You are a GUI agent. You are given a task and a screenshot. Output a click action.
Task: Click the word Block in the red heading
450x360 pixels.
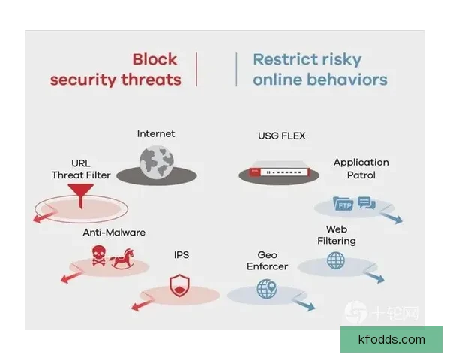pyautogui.click(x=154, y=59)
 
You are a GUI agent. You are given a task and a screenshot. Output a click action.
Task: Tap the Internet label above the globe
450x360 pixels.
pyautogui.click(x=156, y=133)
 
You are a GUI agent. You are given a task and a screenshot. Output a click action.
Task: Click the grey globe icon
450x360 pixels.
pyautogui.click(x=157, y=162)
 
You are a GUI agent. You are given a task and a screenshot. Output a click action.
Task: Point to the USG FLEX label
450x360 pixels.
pyautogui.click(x=282, y=136)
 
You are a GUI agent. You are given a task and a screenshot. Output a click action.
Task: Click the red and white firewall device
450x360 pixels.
pyautogui.click(x=279, y=172)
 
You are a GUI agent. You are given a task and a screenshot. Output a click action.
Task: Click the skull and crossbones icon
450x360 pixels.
pyautogui.click(x=99, y=255)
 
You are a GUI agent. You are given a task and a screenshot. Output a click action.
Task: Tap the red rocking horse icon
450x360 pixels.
pyautogui.click(x=122, y=259)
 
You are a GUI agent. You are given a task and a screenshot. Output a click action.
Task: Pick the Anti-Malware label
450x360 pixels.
pyautogui.click(x=114, y=232)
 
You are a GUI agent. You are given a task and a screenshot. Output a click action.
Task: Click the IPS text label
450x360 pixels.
pyautogui.click(x=181, y=255)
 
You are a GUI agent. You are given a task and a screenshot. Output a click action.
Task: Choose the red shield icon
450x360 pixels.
pyautogui.click(x=180, y=285)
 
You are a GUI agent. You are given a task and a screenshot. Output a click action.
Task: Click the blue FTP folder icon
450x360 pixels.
pyautogui.click(x=343, y=203)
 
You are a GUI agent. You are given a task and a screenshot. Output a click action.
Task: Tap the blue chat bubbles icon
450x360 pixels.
pyautogui.click(x=367, y=202)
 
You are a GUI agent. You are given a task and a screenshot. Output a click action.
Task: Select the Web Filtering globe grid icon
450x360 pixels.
pyautogui.click(x=336, y=260)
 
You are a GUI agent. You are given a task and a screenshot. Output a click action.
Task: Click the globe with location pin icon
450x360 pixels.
pyautogui.click(x=267, y=289)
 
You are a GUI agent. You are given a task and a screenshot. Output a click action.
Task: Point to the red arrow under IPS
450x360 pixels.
pyautogui.click(x=141, y=305)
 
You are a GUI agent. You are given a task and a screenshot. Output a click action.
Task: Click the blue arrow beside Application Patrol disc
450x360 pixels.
pyautogui.click(x=391, y=218)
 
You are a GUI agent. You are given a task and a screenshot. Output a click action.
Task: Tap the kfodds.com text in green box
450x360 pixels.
pyautogui.click(x=391, y=339)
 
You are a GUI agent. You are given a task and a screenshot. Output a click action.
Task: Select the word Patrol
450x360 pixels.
pyautogui.click(x=361, y=175)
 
